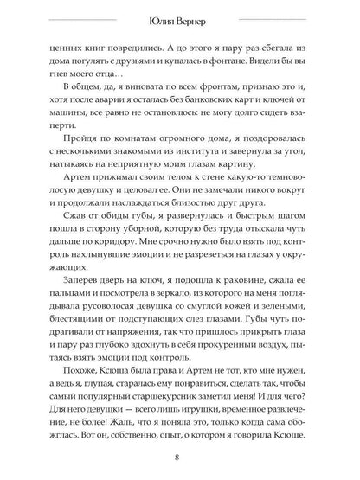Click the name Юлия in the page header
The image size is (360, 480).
(161, 22)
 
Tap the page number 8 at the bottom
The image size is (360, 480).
(178, 457)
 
